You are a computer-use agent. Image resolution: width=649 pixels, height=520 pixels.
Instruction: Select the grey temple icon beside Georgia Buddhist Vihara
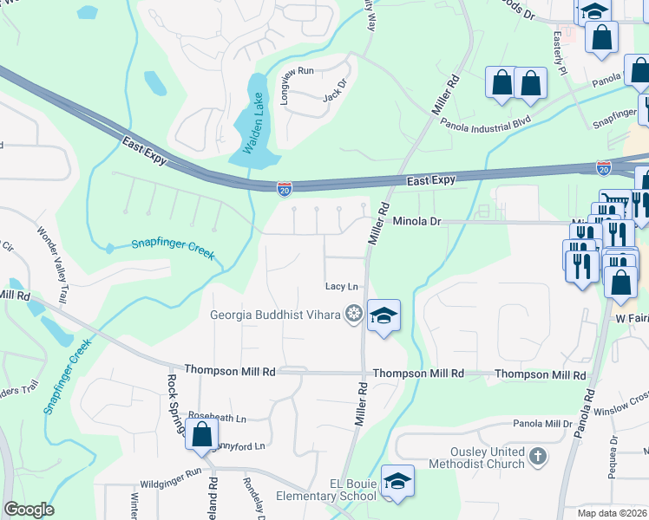point(353,314)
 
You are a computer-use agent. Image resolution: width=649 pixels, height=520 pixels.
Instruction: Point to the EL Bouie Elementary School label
point(326,488)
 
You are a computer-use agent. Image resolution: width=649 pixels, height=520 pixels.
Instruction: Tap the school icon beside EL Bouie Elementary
point(397,481)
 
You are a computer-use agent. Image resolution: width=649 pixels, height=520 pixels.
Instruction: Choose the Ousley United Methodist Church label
point(475,458)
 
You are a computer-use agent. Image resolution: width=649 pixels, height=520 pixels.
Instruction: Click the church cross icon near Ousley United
point(538,456)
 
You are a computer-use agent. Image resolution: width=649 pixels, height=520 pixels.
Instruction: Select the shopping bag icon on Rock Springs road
point(201,434)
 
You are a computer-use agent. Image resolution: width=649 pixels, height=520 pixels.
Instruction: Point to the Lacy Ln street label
point(341,286)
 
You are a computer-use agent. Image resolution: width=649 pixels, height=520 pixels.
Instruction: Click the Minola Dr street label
point(417,222)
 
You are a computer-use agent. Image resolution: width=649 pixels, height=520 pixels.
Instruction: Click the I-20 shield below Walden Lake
point(284,188)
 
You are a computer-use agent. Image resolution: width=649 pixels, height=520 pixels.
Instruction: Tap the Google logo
point(29,510)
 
